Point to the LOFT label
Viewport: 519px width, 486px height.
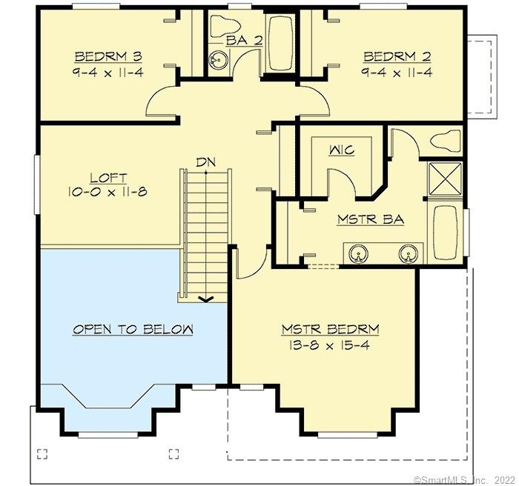pos(108,178)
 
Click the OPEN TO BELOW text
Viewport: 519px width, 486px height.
pos(133,329)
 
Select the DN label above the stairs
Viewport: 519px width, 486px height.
pos(206,162)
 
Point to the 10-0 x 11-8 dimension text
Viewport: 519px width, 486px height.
pos(108,192)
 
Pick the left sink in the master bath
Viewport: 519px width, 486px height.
pos(357,256)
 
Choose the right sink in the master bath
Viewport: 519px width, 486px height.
pos(407,256)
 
